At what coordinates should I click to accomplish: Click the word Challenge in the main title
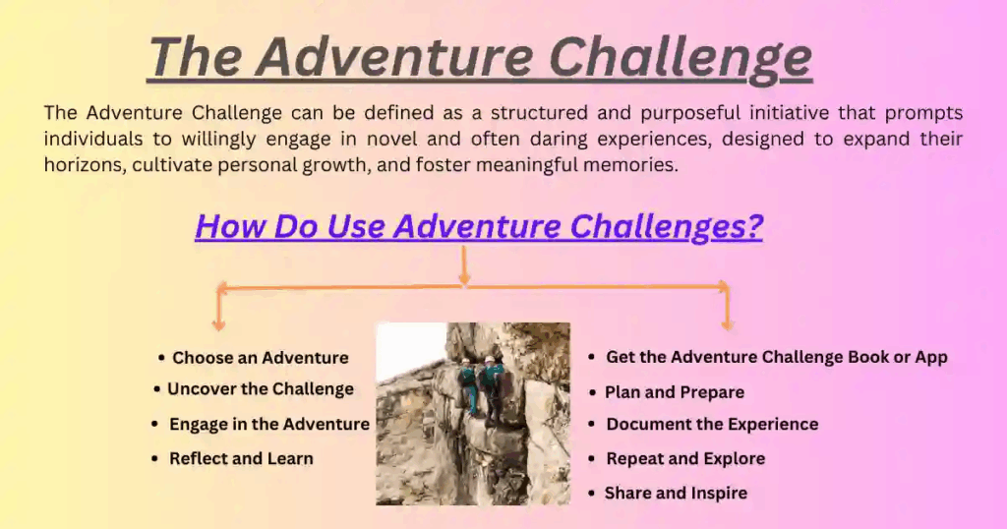pos(681,59)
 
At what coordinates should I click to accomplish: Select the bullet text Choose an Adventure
pos(260,358)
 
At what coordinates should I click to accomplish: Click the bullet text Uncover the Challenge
pos(260,389)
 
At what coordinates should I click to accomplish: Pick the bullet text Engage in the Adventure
pos(269,425)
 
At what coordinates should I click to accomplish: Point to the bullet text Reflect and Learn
pos(241,458)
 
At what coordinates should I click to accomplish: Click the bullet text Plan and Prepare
pos(675,392)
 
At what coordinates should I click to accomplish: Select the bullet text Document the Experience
pos(712,425)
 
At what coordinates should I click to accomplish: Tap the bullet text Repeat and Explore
pos(685,458)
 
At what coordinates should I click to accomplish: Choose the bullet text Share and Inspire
pos(676,493)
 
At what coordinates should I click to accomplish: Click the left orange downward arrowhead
pos(219,324)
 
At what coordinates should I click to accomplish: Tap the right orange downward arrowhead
pos(727,324)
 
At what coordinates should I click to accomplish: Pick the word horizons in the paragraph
pos(85,165)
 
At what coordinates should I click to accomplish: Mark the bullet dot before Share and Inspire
pos(591,493)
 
